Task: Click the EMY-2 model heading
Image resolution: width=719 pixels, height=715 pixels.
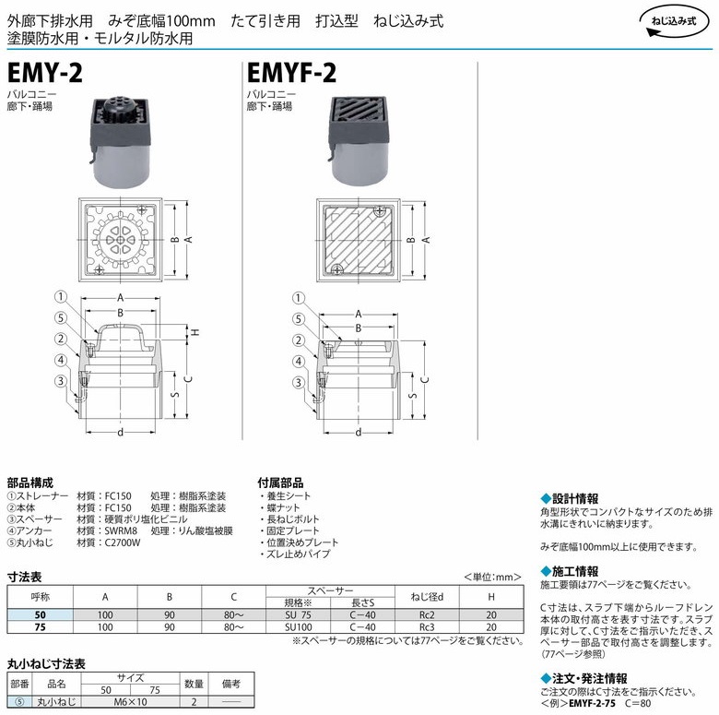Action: [x=45, y=73]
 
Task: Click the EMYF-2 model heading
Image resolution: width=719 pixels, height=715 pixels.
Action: [x=291, y=73]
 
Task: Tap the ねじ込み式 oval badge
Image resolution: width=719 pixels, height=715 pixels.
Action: [x=674, y=21]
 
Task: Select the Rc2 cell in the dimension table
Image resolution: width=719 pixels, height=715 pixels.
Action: [x=427, y=615]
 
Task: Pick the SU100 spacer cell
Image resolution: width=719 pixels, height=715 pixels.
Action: [x=298, y=626]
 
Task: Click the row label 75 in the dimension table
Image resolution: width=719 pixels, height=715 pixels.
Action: [x=41, y=626]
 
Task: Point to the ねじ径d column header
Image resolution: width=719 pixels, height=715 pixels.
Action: [x=427, y=597]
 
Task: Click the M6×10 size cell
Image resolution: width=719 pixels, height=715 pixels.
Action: [x=130, y=702]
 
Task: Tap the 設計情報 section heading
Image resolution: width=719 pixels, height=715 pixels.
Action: [x=570, y=499]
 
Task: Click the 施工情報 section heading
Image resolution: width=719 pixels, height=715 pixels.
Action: [x=570, y=571]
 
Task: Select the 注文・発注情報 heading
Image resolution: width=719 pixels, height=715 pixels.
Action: [x=583, y=679]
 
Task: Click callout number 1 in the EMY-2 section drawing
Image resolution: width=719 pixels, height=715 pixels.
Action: [x=61, y=297]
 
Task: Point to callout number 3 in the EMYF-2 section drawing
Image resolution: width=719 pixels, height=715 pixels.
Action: [x=299, y=383]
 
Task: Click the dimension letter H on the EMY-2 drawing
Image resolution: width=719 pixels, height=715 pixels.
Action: [x=195, y=332]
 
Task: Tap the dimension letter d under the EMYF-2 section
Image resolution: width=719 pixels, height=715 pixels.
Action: [x=359, y=433]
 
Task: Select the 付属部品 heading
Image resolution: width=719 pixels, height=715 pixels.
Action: [x=280, y=483]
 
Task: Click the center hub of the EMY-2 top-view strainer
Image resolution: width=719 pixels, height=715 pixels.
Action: [x=120, y=240]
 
